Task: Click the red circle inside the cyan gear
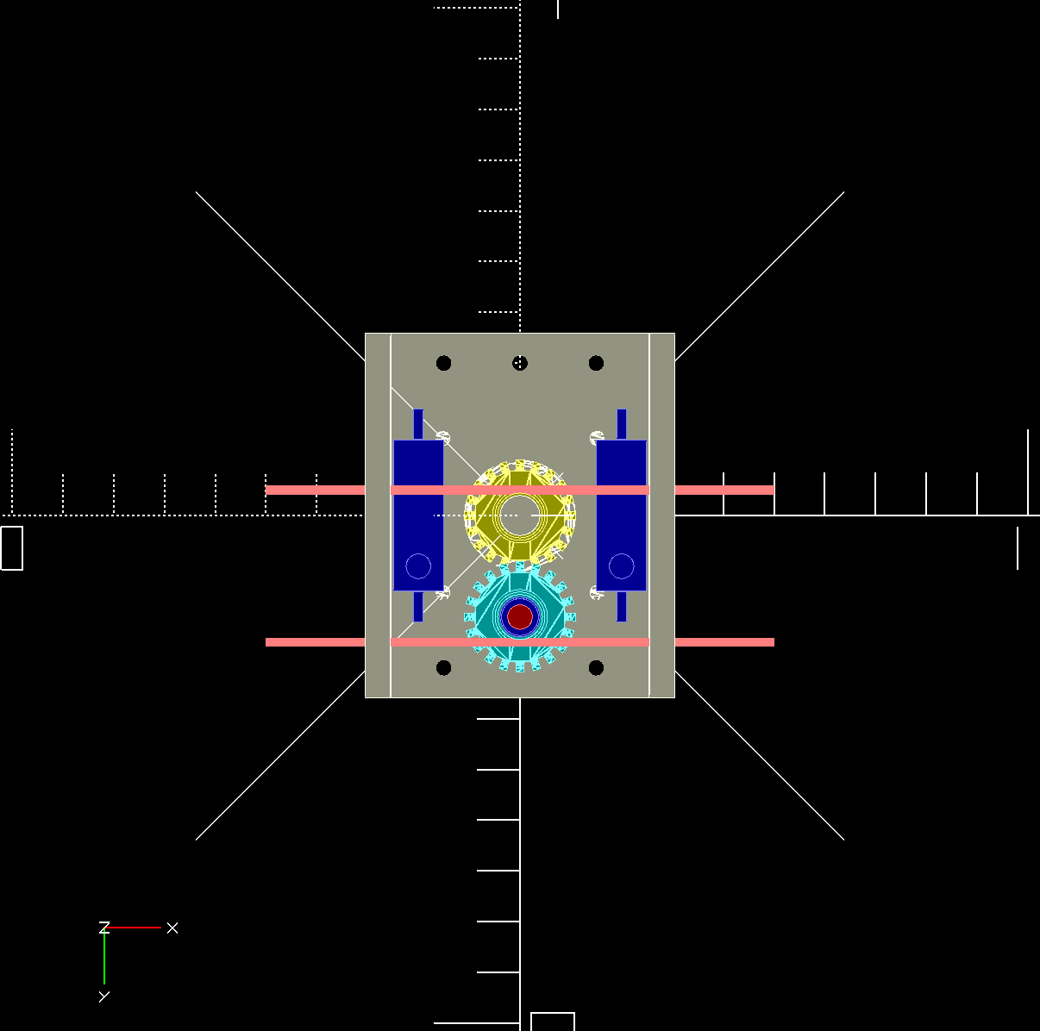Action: tap(520, 616)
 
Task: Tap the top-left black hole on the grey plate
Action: tap(443, 363)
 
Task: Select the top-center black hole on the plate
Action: tap(520, 363)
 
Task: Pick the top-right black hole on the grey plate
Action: tap(596, 363)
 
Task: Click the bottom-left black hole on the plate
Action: tap(443, 668)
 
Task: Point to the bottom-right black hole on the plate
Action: tap(596, 668)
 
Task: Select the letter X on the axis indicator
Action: tap(172, 928)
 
